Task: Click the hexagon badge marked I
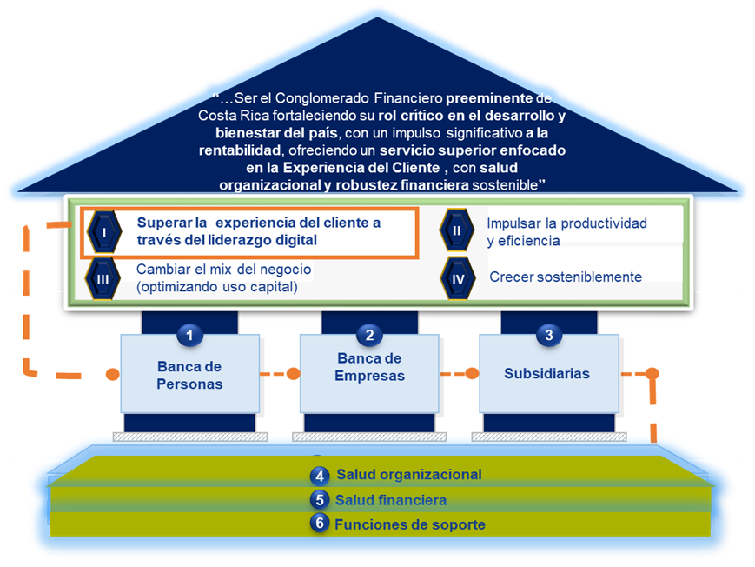(104, 232)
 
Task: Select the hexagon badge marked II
(456, 231)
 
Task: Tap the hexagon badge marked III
(103, 277)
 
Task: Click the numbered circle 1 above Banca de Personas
(189, 334)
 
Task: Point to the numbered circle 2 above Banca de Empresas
(369, 334)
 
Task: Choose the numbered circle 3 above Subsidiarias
(548, 334)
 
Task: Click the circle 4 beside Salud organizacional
(320, 476)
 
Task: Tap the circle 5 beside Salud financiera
(320, 500)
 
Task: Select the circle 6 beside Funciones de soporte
(320, 524)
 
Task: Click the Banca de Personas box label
(190, 376)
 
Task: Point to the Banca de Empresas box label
(370, 368)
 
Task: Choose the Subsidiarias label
(546, 373)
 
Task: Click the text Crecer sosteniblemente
(566, 277)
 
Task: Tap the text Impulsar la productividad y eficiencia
(566, 232)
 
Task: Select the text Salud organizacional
(408, 475)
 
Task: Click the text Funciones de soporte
(410, 524)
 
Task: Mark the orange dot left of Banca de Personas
(112, 375)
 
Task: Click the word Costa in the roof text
(218, 115)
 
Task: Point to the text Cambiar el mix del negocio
(223, 270)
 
